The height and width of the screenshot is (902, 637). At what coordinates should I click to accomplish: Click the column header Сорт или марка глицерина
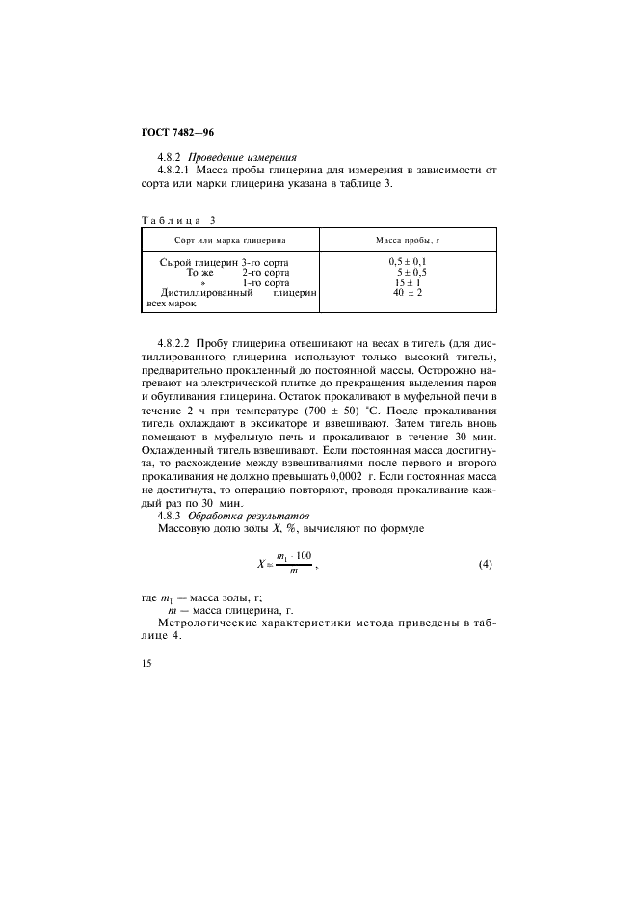pyautogui.click(x=230, y=240)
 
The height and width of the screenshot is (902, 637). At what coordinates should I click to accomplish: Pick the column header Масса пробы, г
pyautogui.click(x=407, y=240)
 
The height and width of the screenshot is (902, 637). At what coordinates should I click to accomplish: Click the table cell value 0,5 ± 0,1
pyautogui.click(x=408, y=262)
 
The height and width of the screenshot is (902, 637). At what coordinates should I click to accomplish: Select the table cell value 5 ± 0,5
pyautogui.click(x=411, y=273)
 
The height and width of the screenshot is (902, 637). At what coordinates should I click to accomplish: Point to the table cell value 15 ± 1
pyautogui.click(x=408, y=283)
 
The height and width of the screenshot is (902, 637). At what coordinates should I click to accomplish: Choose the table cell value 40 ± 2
pyautogui.click(x=408, y=294)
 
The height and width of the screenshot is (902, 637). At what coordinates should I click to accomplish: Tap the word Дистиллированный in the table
pyautogui.click(x=207, y=294)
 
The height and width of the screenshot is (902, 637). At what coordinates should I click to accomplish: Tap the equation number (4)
pyautogui.click(x=486, y=564)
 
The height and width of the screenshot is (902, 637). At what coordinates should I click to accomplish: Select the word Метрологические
pyautogui.click(x=211, y=624)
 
